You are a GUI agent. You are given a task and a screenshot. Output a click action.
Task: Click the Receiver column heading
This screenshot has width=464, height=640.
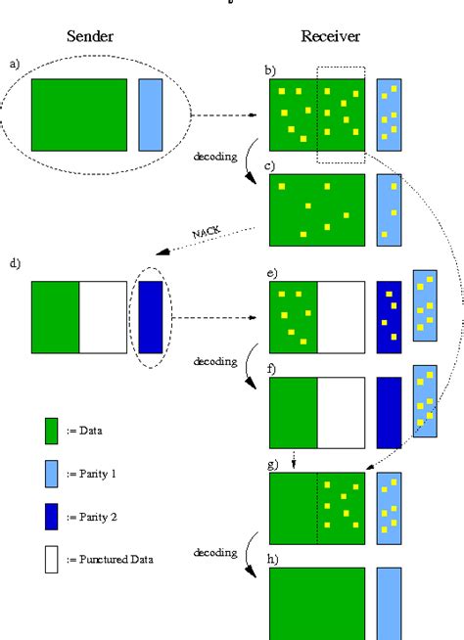[x=332, y=37]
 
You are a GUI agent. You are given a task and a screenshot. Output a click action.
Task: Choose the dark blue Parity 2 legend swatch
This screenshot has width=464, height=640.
[x=51, y=517]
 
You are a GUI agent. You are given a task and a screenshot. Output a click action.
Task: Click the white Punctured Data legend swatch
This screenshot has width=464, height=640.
[x=51, y=559]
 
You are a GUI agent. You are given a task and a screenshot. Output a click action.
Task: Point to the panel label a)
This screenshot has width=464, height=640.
[x=15, y=65]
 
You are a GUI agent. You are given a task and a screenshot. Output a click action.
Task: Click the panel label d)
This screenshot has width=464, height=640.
[x=15, y=264]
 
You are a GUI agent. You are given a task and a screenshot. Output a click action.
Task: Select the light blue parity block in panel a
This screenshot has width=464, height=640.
[x=151, y=114]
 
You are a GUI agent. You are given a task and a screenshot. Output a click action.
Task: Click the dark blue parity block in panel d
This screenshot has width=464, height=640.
[x=151, y=316]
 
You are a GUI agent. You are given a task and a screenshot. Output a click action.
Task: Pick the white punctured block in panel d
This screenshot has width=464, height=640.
[x=102, y=316]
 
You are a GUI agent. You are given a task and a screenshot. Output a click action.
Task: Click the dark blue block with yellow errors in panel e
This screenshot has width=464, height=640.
[x=389, y=316]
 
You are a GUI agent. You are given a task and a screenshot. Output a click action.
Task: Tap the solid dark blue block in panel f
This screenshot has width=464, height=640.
[x=389, y=411]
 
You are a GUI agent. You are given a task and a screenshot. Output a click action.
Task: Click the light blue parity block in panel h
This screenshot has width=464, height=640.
[x=389, y=603]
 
